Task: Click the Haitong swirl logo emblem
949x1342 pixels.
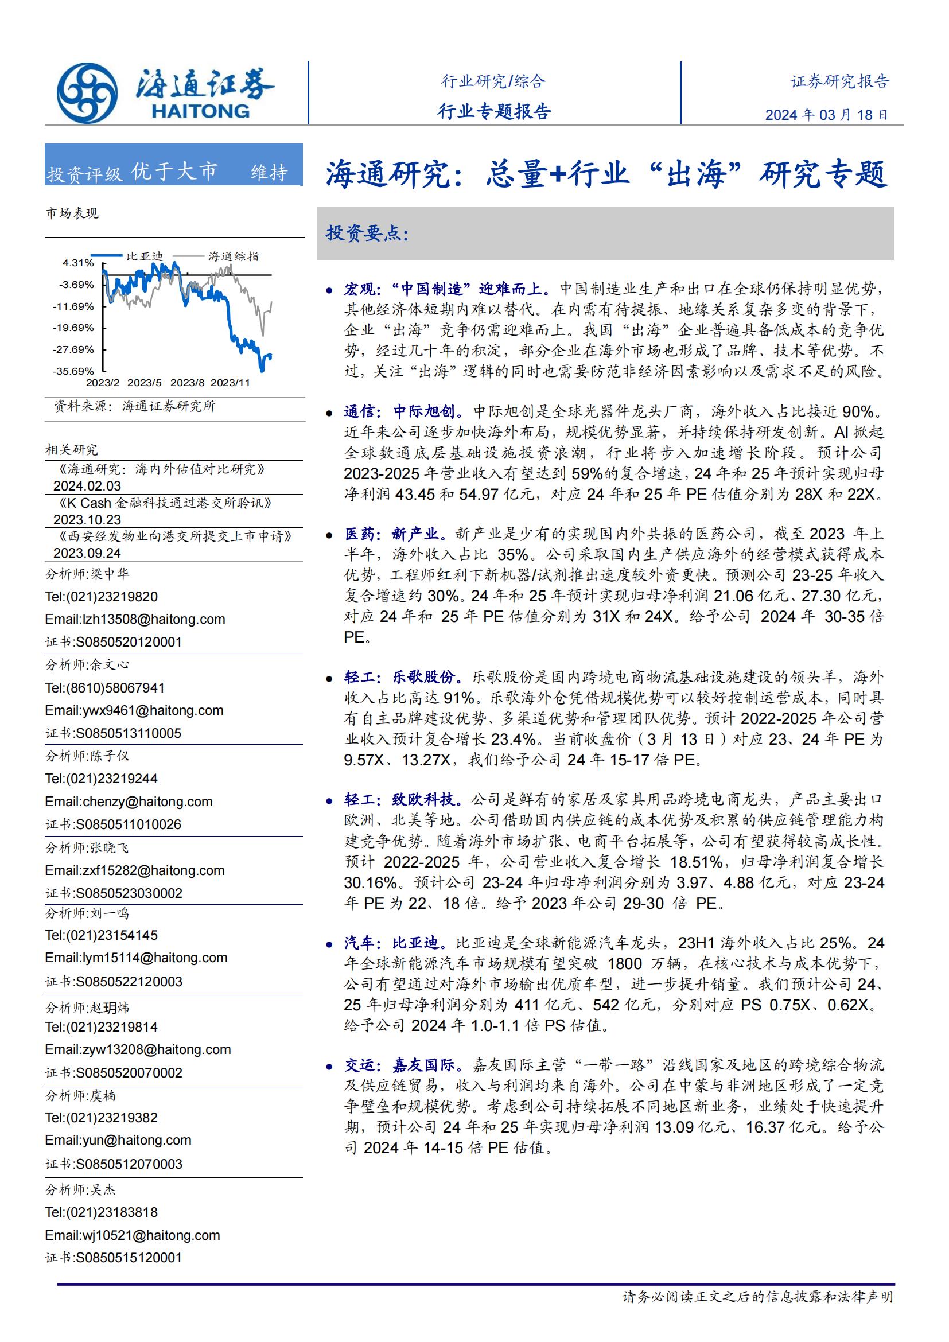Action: [87, 93]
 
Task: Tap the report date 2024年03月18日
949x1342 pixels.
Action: [826, 115]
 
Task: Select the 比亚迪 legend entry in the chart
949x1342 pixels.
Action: [145, 256]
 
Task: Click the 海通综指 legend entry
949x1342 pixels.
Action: [233, 256]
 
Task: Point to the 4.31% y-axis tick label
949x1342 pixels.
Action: [78, 263]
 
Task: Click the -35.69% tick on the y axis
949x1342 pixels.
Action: [73, 371]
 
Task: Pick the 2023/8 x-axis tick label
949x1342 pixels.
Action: [187, 383]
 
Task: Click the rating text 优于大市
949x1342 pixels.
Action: [174, 172]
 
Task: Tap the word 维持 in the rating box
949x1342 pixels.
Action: [270, 173]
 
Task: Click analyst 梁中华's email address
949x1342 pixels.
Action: [135, 619]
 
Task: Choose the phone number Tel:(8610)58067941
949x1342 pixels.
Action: [104, 688]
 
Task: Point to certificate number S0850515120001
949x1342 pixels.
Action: [114, 1257]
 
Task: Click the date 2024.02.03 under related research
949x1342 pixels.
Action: [87, 486]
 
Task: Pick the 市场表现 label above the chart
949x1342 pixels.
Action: [72, 213]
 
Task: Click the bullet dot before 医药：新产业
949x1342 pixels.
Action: [329, 535]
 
